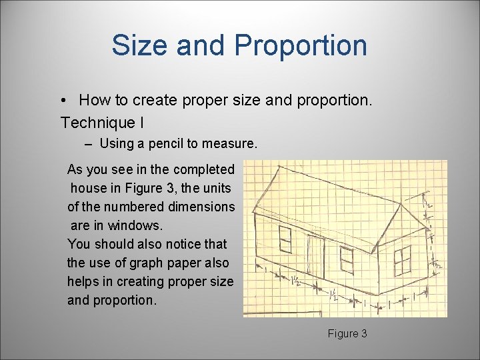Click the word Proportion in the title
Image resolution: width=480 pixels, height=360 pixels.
tap(301, 45)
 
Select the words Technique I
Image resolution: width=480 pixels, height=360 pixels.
tap(102, 123)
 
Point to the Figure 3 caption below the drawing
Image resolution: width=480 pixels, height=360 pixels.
tap(347, 333)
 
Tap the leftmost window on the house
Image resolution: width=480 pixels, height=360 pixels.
tap(285, 239)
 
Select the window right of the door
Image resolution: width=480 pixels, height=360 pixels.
tap(346, 259)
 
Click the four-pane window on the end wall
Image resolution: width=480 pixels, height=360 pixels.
tap(402, 260)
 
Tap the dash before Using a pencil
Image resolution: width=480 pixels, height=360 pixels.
tap(89, 144)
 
